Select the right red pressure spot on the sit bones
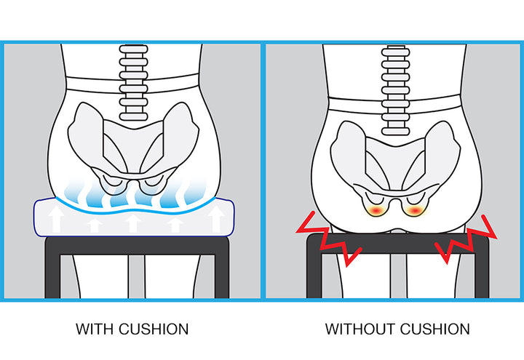click(414, 210)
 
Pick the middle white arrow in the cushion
click(132, 222)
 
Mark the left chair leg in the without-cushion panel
click(314, 273)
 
